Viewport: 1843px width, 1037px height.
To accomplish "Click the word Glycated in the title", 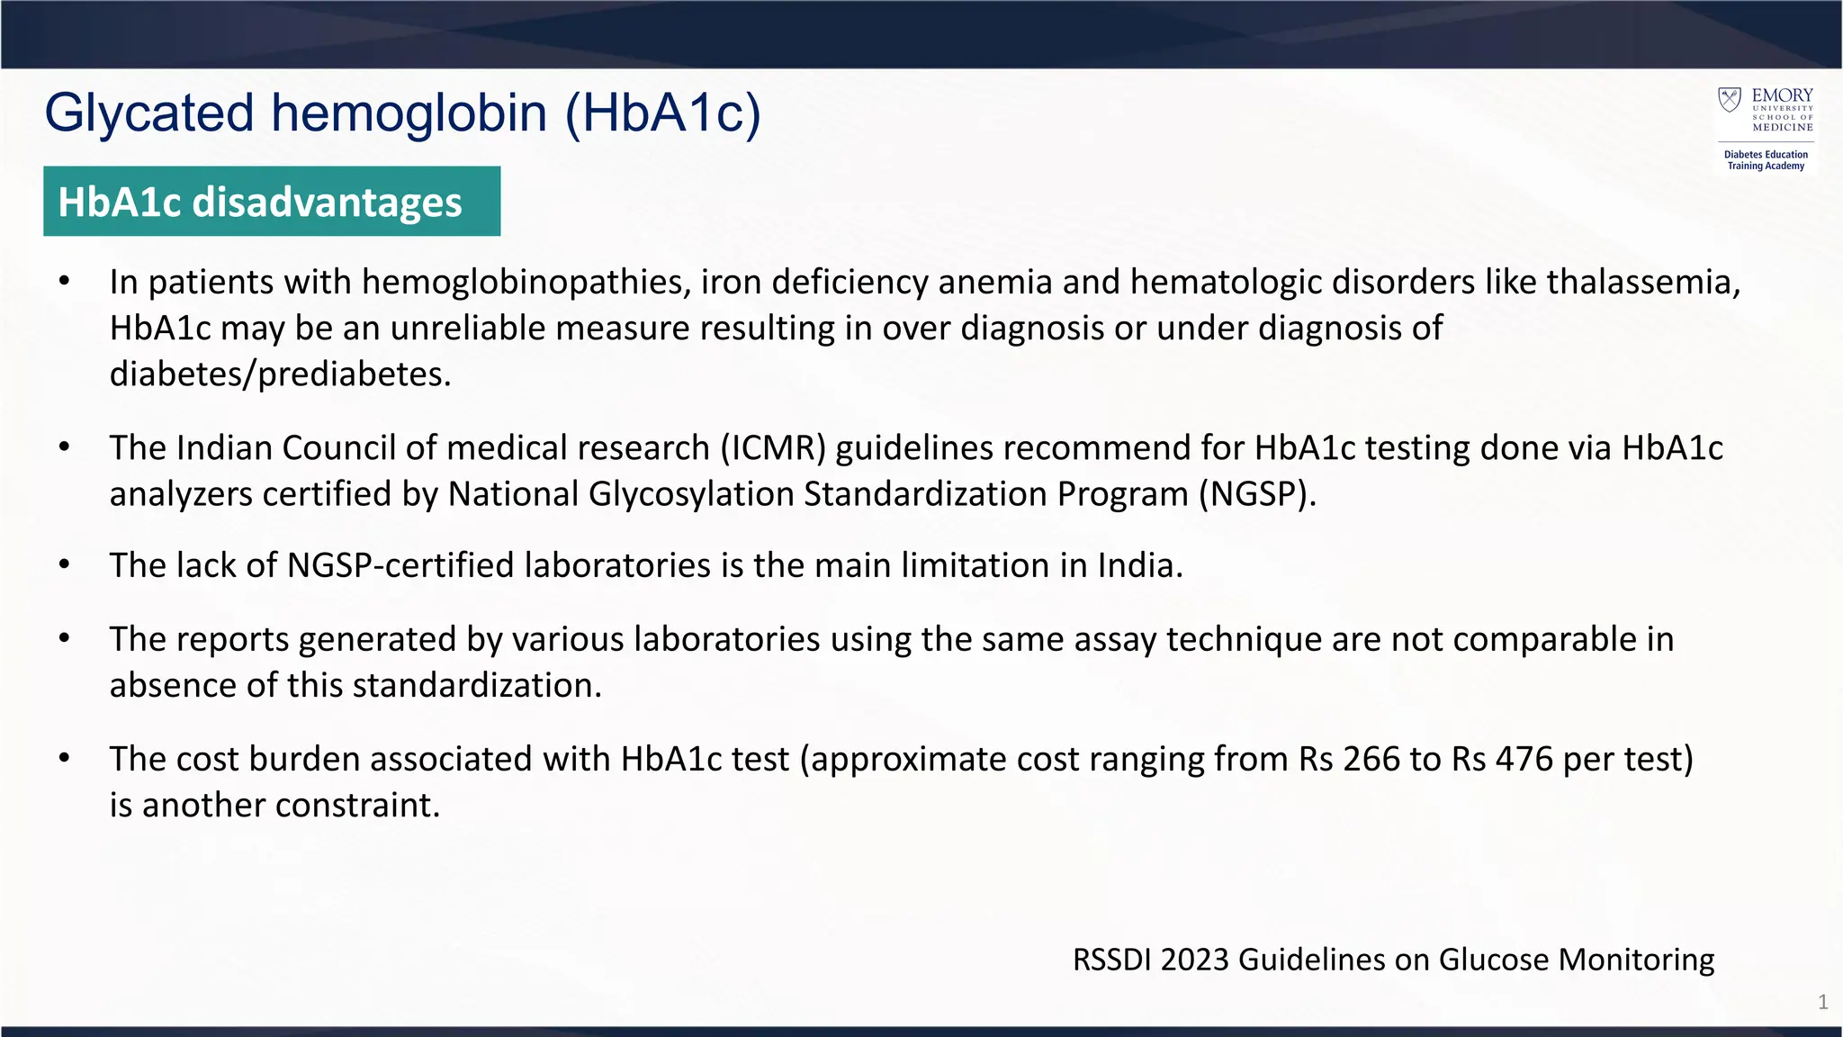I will point(149,114).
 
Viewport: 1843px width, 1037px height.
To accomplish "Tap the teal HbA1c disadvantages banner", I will point(271,202).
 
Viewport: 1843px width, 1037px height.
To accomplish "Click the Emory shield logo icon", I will point(1730,99).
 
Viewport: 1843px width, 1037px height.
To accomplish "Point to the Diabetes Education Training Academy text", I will point(1766,160).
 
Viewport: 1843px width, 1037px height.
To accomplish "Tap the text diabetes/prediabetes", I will point(280,374).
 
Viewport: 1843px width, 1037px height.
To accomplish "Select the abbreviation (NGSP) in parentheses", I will point(1256,494).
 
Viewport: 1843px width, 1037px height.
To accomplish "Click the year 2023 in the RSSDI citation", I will point(1194,960).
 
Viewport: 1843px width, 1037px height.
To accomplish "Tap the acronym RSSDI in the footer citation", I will point(1111,960).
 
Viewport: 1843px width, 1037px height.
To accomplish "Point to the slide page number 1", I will point(1822,1003).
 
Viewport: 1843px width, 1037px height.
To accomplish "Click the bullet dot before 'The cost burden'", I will point(64,759).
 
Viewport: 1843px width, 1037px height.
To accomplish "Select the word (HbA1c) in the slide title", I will point(663,114).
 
